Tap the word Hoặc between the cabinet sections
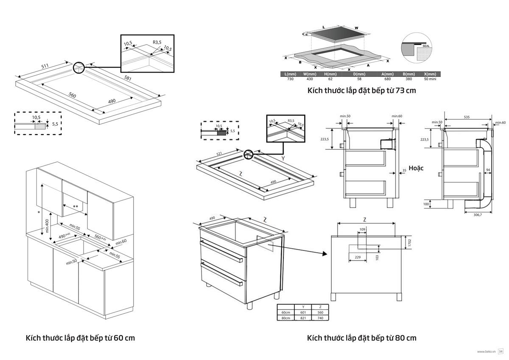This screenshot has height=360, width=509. (x=416, y=168)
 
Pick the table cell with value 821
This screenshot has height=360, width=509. (x=303, y=318)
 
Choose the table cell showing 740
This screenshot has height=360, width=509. (x=320, y=318)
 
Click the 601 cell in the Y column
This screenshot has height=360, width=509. (x=303, y=312)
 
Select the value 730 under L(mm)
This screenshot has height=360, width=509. (x=290, y=79)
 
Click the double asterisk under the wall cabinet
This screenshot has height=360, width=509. (x=76, y=206)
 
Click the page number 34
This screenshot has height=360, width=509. (x=501, y=351)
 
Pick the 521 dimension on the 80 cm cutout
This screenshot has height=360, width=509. (x=219, y=154)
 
